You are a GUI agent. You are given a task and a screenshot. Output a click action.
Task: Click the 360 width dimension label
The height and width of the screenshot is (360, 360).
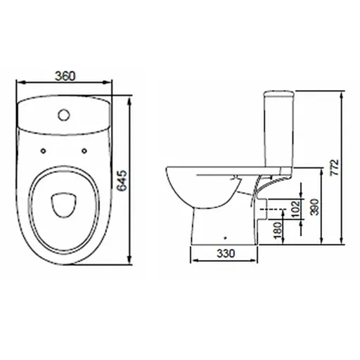(65, 76)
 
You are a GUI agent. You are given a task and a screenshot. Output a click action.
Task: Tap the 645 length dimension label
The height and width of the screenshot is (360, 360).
(122, 181)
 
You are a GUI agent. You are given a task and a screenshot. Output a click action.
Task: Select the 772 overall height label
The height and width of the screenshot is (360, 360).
(335, 167)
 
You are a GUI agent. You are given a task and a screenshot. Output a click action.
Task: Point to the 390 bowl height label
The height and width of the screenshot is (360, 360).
(314, 207)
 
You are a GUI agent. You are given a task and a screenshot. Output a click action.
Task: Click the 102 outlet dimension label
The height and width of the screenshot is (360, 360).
(296, 209)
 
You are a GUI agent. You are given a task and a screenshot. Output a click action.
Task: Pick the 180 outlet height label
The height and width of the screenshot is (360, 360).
(278, 231)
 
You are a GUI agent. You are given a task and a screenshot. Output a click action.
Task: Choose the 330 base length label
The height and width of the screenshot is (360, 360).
(226, 253)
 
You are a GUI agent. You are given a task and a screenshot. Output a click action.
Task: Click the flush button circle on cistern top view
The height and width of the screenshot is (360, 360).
(64, 115)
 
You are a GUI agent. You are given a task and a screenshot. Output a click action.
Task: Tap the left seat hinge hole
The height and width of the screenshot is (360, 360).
(43, 151)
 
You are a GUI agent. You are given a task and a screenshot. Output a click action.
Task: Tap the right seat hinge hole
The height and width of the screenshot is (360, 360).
(84, 151)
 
